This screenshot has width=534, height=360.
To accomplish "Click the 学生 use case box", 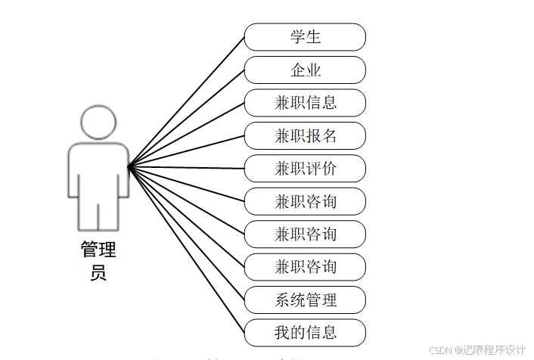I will (305, 37).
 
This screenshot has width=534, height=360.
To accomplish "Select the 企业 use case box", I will (305, 70).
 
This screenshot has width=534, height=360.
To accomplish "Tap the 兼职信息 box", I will (305, 102).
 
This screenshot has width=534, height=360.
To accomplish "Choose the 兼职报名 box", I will (305, 135).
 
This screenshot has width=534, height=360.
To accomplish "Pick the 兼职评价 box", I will (305, 168).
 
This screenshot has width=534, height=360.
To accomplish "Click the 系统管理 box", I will (305, 299).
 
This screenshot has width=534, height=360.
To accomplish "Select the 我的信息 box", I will (305, 332).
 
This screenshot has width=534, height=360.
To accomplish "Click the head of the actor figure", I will (98, 122).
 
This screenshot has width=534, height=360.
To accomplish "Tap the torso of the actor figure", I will (98, 170).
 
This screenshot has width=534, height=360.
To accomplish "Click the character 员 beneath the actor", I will (98, 273).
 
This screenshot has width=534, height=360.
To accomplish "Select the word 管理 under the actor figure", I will (98, 250).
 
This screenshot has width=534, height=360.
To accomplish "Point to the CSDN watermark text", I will (440, 350).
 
